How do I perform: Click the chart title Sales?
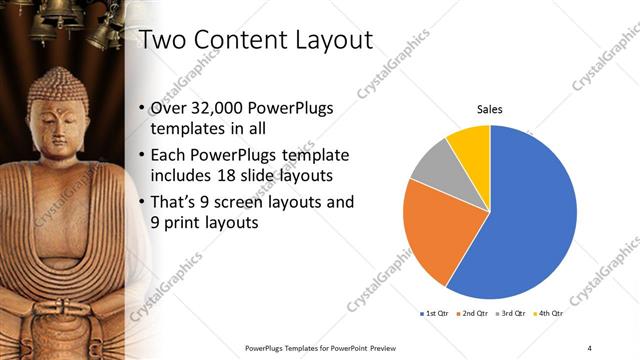489,109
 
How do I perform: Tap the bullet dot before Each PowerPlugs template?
138,156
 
